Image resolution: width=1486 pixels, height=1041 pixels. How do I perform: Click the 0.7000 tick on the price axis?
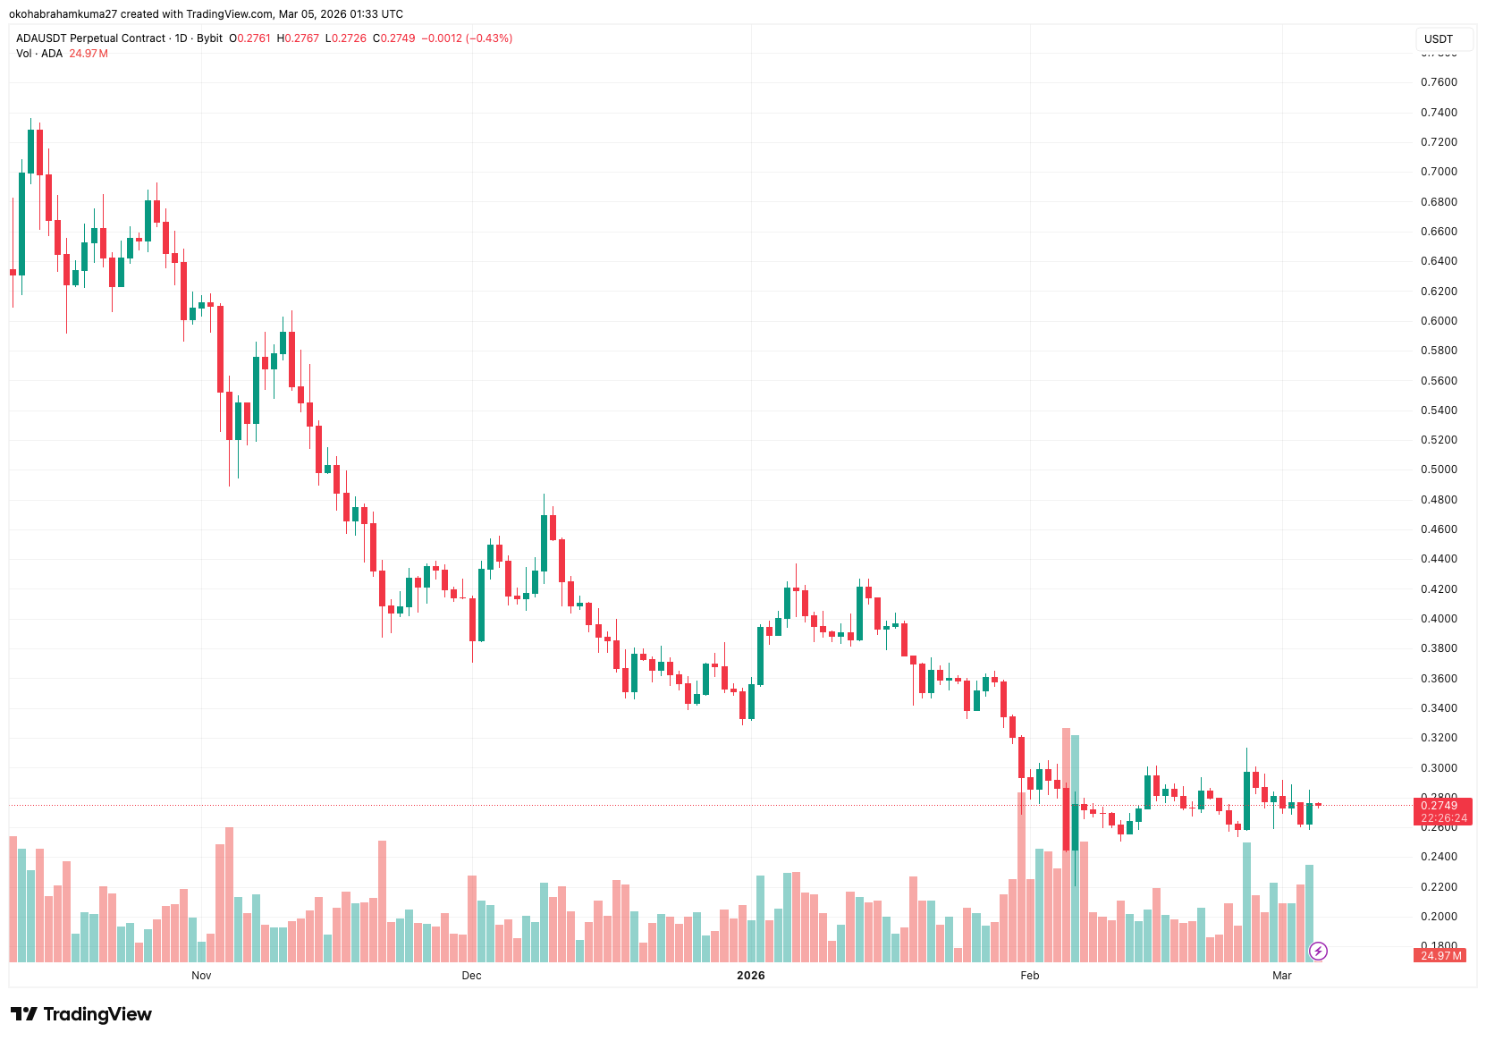tap(1438, 172)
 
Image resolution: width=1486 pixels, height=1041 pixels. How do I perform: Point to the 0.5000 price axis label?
tap(1438, 470)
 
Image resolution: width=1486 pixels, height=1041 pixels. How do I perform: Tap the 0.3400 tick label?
tap(1438, 708)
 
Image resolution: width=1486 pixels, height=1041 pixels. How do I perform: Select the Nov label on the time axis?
tap(201, 975)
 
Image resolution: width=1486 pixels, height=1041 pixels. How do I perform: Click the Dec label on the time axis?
tap(471, 975)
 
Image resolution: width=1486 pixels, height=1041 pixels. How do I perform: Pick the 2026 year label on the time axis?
tap(750, 975)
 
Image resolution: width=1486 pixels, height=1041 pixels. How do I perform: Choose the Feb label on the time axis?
tap(1029, 975)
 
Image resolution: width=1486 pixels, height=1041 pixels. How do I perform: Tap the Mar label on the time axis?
tap(1281, 975)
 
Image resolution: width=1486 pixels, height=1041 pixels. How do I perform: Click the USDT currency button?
tap(1438, 39)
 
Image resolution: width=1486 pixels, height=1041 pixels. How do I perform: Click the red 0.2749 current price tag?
tap(1440, 806)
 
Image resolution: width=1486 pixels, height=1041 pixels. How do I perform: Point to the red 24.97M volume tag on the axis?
tap(1440, 955)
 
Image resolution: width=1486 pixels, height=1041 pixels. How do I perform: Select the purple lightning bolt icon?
tap(1318, 951)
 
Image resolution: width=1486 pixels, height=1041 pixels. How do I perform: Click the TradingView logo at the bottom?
tap(81, 1014)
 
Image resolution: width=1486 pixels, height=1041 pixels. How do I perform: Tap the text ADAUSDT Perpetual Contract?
tap(90, 38)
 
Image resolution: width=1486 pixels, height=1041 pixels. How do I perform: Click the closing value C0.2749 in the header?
tap(393, 38)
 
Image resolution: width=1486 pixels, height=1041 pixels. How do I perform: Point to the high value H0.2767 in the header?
tap(298, 38)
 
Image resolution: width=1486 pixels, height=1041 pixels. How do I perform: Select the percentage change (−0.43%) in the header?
tap(489, 38)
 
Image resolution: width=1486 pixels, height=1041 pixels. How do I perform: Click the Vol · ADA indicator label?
tap(39, 54)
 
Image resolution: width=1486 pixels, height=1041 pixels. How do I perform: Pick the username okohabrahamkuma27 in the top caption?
tap(63, 14)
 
